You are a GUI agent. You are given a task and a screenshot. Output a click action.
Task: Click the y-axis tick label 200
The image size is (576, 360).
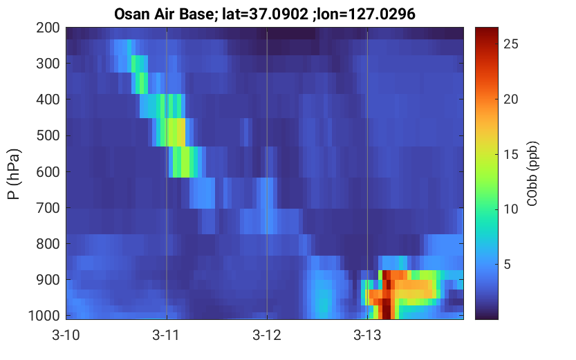coord(48,28)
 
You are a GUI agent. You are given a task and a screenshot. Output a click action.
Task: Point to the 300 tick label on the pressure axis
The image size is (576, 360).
coord(48,64)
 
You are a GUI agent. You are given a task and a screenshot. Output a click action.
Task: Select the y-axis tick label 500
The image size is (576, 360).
coord(48,136)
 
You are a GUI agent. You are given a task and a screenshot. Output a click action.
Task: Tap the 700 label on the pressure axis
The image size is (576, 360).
coord(48,208)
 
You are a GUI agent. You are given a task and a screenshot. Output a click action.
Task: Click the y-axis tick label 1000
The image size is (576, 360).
coord(44,316)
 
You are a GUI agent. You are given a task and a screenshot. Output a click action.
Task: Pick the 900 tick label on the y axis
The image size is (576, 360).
coord(48,280)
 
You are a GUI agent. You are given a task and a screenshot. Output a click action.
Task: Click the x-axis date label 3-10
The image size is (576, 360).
coord(66,335)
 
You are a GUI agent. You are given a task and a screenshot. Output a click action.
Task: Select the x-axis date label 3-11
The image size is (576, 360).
coord(167,335)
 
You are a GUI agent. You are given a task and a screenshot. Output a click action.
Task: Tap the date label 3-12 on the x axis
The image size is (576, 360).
coord(267,335)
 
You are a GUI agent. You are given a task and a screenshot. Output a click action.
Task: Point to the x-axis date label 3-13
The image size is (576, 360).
coord(367,335)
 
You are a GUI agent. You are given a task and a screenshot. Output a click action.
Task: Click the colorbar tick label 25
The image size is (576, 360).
coord(510,44)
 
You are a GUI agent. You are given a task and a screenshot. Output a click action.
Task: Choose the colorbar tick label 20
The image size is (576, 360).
coord(510,99)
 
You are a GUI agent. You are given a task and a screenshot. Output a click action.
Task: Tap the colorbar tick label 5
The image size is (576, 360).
coord(508,264)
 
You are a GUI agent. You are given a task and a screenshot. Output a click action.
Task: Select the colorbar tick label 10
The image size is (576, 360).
coord(510,209)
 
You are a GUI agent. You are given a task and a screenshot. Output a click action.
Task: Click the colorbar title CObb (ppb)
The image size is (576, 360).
coord(532,173)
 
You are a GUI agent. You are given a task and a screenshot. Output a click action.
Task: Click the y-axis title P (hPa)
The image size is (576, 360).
coord(14,174)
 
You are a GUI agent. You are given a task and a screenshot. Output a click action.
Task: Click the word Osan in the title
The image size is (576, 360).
coord(131,15)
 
